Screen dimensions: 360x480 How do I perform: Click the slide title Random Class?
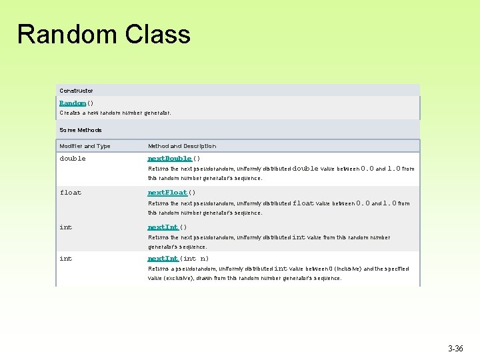(104, 34)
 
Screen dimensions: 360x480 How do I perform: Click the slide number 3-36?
(456, 349)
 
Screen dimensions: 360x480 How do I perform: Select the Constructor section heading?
(76, 90)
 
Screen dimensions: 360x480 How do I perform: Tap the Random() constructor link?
(73, 103)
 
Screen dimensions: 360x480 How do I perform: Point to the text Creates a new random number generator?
(115, 113)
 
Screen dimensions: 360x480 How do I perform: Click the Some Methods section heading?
(81, 130)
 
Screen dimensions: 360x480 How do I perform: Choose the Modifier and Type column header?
(85, 146)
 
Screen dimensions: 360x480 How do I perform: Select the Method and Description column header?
(182, 146)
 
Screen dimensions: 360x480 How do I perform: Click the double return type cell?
(73, 159)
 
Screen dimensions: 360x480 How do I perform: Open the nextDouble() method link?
(169, 159)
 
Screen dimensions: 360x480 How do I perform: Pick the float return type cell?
(70, 193)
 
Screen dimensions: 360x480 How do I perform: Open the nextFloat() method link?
(167, 193)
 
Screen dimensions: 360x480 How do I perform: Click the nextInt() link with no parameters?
(163, 227)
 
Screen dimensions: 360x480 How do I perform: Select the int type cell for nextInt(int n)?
(65, 259)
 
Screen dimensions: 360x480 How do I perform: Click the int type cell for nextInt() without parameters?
(65, 227)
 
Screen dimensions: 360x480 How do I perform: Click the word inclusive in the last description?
(347, 269)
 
